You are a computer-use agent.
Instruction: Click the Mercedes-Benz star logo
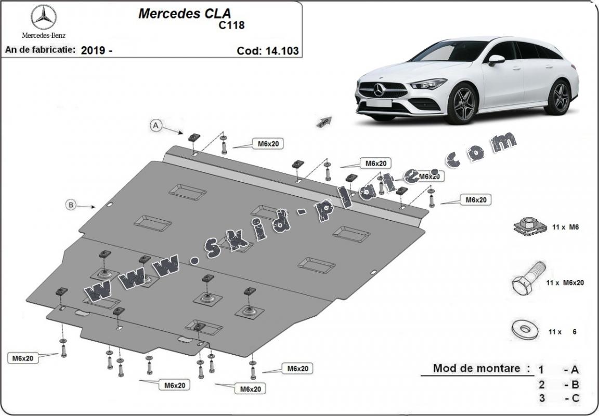click(x=44, y=17)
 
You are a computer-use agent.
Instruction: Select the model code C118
click(x=231, y=24)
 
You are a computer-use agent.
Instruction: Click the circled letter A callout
click(x=155, y=125)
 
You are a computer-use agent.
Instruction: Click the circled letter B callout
click(x=71, y=205)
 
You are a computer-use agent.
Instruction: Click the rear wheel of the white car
click(x=558, y=97)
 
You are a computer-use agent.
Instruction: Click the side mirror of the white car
click(x=496, y=59)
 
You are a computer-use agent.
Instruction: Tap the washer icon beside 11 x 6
click(x=522, y=328)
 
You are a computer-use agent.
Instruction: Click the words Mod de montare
click(x=477, y=369)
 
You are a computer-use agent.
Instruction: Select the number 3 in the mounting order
click(x=542, y=399)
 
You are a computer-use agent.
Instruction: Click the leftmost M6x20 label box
click(x=23, y=358)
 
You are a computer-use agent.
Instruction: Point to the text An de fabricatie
click(x=40, y=50)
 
